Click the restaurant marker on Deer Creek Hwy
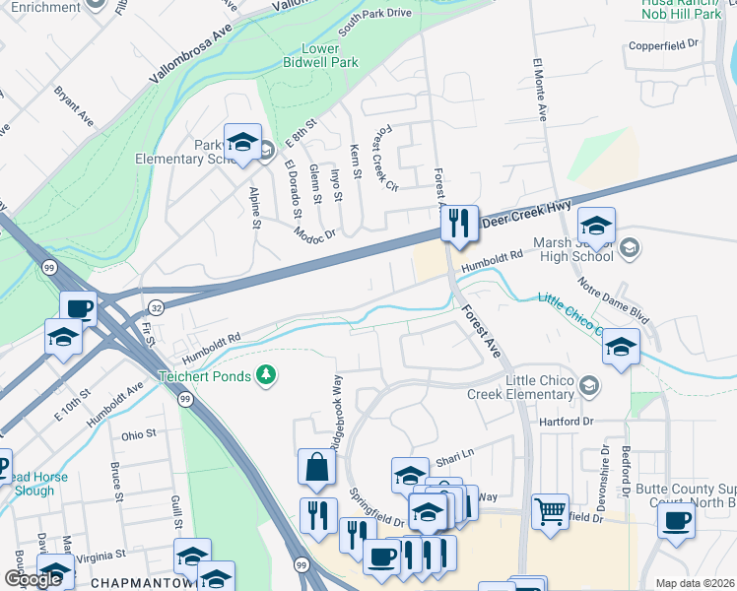click(458, 224)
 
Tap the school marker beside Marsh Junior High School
click(595, 226)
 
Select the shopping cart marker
click(550, 511)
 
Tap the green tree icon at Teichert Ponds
click(264, 374)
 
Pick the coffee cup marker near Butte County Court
click(676, 521)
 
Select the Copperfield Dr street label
click(664, 44)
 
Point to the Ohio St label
click(138, 434)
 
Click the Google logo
click(33, 579)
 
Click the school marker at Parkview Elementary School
click(241, 142)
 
